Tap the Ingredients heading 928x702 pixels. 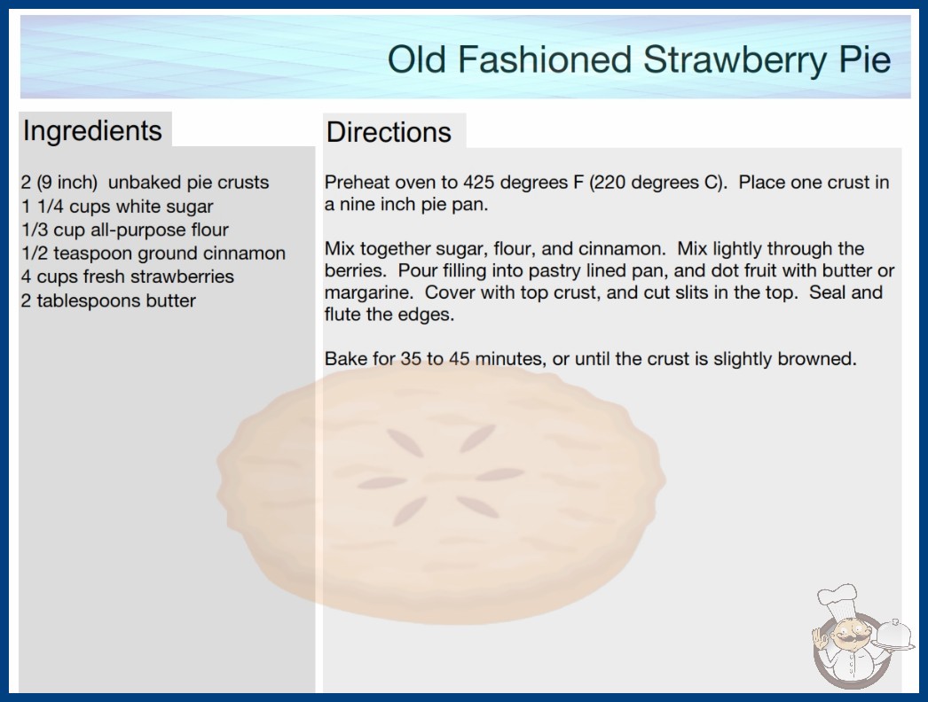[x=92, y=131]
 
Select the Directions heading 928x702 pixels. [x=389, y=132]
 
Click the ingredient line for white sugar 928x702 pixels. [x=117, y=207]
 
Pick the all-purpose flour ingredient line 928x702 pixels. [x=125, y=230]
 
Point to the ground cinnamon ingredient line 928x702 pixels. [x=153, y=253]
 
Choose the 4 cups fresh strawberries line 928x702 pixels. [x=128, y=277]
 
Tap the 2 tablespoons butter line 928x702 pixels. [x=108, y=300]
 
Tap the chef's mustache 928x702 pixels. [x=849, y=641]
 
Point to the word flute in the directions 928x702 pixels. [x=342, y=315]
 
